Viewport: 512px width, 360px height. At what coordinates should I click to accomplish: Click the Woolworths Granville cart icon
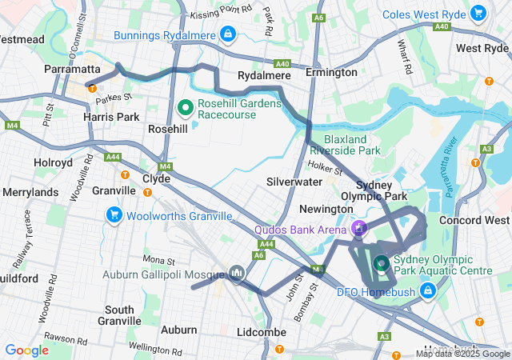pos(114,214)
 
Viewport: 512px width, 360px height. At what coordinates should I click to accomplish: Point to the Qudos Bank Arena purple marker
pos(359,230)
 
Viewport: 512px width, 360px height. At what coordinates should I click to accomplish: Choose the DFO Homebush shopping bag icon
pos(429,290)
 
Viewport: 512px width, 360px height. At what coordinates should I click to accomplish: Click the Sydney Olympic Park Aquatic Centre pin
pos(381,261)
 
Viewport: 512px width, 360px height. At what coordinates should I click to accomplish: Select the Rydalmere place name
pos(264,75)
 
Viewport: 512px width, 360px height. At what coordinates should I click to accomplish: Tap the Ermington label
pos(331,73)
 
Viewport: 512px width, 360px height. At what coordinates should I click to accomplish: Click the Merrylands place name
pos(30,193)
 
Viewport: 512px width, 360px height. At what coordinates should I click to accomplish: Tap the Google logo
pos(26,350)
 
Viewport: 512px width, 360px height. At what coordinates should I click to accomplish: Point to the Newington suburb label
pos(326,209)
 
